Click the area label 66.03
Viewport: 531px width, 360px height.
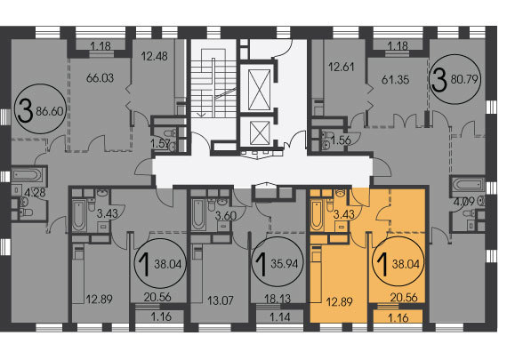(x=100, y=78)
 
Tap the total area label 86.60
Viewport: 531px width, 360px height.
(x=50, y=111)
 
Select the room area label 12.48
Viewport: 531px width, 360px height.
(x=155, y=56)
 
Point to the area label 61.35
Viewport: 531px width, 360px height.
(x=395, y=80)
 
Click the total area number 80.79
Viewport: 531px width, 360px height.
(x=464, y=79)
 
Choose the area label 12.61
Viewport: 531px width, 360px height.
(x=342, y=67)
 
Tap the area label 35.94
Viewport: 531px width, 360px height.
(x=284, y=264)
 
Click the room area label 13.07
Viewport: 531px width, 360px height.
(x=220, y=300)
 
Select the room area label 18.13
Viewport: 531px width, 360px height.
(x=278, y=299)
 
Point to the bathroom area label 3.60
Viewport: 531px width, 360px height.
(x=226, y=215)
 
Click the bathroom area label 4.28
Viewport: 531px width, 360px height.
(x=35, y=193)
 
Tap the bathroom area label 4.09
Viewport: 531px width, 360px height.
(x=464, y=202)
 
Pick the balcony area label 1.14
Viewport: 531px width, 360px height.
(x=279, y=317)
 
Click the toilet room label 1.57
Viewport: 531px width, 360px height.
(x=160, y=144)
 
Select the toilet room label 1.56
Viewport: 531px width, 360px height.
(x=341, y=140)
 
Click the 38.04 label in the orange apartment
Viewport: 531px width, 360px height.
(x=406, y=264)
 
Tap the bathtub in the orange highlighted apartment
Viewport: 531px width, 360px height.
(x=317, y=214)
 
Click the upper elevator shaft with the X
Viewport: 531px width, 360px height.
(x=260, y=90)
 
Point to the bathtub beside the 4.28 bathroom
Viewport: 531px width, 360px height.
(x=28, y=175)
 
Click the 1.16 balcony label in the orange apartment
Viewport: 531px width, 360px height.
(x=398, y=318)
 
